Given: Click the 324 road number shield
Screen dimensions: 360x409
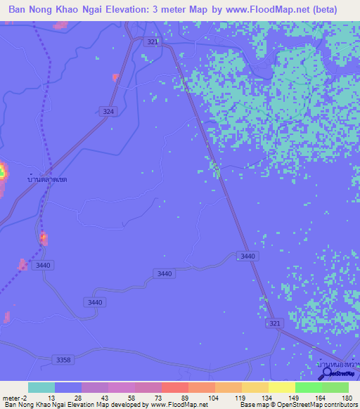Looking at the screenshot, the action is (108, 112).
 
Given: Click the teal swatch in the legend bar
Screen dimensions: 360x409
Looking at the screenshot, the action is (41, 387).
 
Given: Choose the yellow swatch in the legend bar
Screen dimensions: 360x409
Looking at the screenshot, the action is (281, 387).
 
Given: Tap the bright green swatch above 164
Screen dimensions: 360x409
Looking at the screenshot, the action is (308, 387).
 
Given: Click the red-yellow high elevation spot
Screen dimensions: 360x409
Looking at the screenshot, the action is (2, 171).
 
